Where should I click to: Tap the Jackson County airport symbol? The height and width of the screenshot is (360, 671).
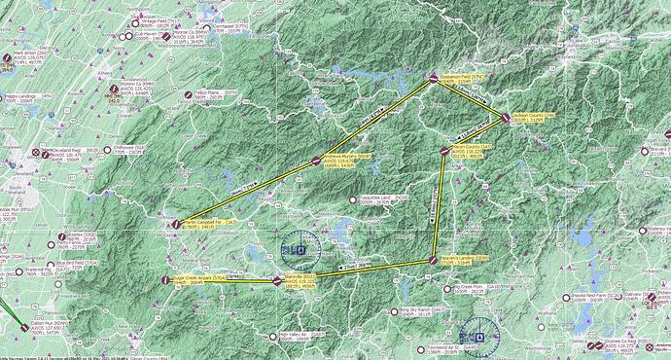point(505,118)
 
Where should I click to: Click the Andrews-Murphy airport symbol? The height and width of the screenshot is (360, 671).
point(316,162)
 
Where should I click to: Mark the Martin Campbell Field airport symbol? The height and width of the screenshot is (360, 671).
point(176,224)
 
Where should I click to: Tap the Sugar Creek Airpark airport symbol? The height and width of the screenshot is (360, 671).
point(165,280)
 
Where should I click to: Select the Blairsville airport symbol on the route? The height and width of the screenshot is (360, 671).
point(277,280)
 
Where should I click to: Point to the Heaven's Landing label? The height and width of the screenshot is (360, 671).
point(462,259)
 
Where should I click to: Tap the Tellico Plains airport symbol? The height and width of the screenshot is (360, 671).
point(188,94)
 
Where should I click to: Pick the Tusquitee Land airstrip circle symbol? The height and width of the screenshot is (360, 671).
point(353,199)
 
